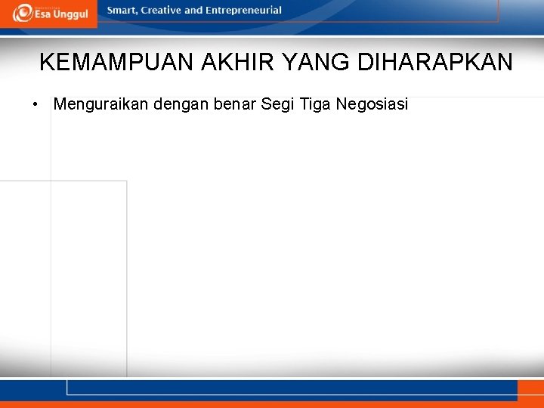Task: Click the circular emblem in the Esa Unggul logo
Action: pos(22,14)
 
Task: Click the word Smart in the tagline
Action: pos(122,11)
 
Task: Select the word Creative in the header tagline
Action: pos(162,11)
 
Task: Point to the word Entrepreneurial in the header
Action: pos(243,11)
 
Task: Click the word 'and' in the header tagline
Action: pos(194,11)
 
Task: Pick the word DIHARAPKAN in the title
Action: pos(435,62)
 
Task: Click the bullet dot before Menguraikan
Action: pos(36,104)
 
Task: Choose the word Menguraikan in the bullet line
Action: pos(101,104)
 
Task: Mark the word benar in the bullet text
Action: pos(235,104)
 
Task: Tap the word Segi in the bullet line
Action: pos(277,104)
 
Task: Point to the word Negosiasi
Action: pos(372,104)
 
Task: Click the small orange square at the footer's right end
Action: pos(530,390)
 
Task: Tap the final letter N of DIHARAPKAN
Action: pos(505,62)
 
